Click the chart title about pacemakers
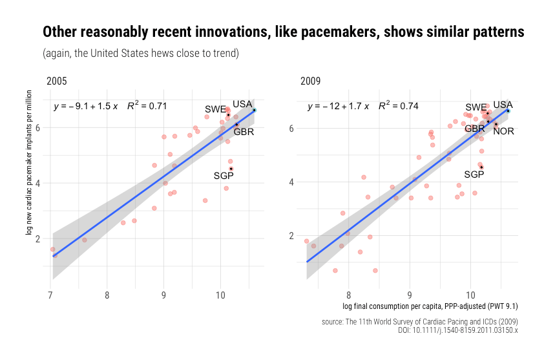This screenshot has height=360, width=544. coord(282,32)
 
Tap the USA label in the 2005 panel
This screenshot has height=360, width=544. coord(242,104)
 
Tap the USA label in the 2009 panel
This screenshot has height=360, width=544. coord(503,105)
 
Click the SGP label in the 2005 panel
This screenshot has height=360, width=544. coord(224,176)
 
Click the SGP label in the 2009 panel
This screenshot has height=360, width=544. coord(474,175)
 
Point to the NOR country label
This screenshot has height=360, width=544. coord(504,131)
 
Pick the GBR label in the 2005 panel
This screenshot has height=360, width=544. coord(244,132)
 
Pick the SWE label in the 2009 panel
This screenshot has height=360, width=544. coord(476,107)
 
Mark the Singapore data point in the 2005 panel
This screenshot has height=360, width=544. coord(231,169)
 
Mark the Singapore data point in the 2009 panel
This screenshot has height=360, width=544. coord(481,167)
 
